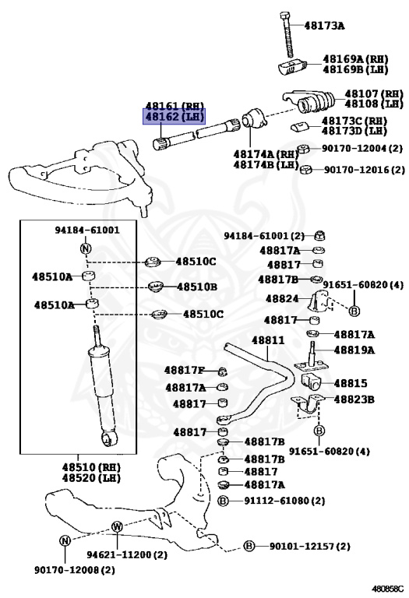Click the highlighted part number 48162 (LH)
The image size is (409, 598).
click(175, 117)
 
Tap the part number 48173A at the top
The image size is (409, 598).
click(324, 26)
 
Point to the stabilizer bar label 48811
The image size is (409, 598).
click(268, 339)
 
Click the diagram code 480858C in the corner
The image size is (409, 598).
click(388, 589)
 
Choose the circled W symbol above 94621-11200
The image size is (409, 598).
click(117, 527)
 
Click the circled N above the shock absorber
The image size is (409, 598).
click(86, 248)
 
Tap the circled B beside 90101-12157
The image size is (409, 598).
click(249, 546)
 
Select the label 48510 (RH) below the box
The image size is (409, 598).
click(91, 467)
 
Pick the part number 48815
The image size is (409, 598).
click(351, 383)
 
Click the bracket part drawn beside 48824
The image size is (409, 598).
click(319, 300)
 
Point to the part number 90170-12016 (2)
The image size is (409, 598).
click(365, 169)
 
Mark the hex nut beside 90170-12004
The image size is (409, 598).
click(303, 149)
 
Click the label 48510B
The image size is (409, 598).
click(197, 287)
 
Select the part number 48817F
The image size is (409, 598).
click(185, 370)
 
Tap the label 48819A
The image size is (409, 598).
click(354, 350)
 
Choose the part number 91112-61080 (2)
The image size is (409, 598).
click(284, 501)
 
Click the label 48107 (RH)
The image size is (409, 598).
click(374, 93)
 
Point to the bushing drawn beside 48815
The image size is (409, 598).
click(312, 382)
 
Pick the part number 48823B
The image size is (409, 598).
click(354, 399)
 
